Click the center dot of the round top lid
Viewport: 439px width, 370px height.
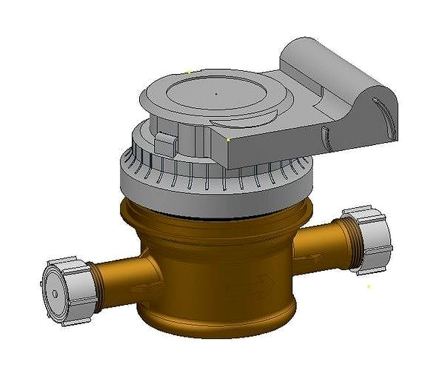215,95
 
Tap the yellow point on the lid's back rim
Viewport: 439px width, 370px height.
190,72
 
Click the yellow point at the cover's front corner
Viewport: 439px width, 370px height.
228,138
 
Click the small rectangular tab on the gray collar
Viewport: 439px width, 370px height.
166,143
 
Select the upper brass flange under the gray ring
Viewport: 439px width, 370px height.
215,218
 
